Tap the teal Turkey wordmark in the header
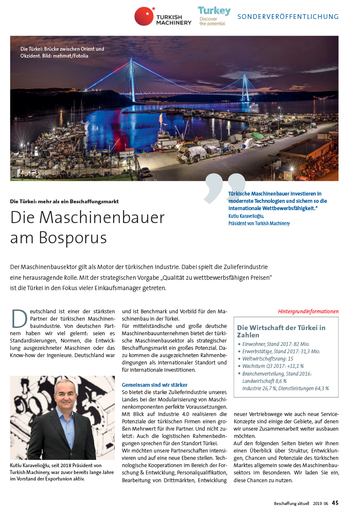(214, 11)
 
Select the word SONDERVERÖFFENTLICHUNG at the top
(288, 17)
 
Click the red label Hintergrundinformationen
(308, 311)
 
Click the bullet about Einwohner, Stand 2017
(276, 344)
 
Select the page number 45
(335, 503)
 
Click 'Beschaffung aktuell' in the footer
(291, 503)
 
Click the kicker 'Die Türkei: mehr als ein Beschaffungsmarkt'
(65, 201)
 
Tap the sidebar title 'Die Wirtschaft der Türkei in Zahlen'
(281, 331)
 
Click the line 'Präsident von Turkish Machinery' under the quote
(259, 223)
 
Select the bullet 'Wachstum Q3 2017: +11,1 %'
(273, 366)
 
